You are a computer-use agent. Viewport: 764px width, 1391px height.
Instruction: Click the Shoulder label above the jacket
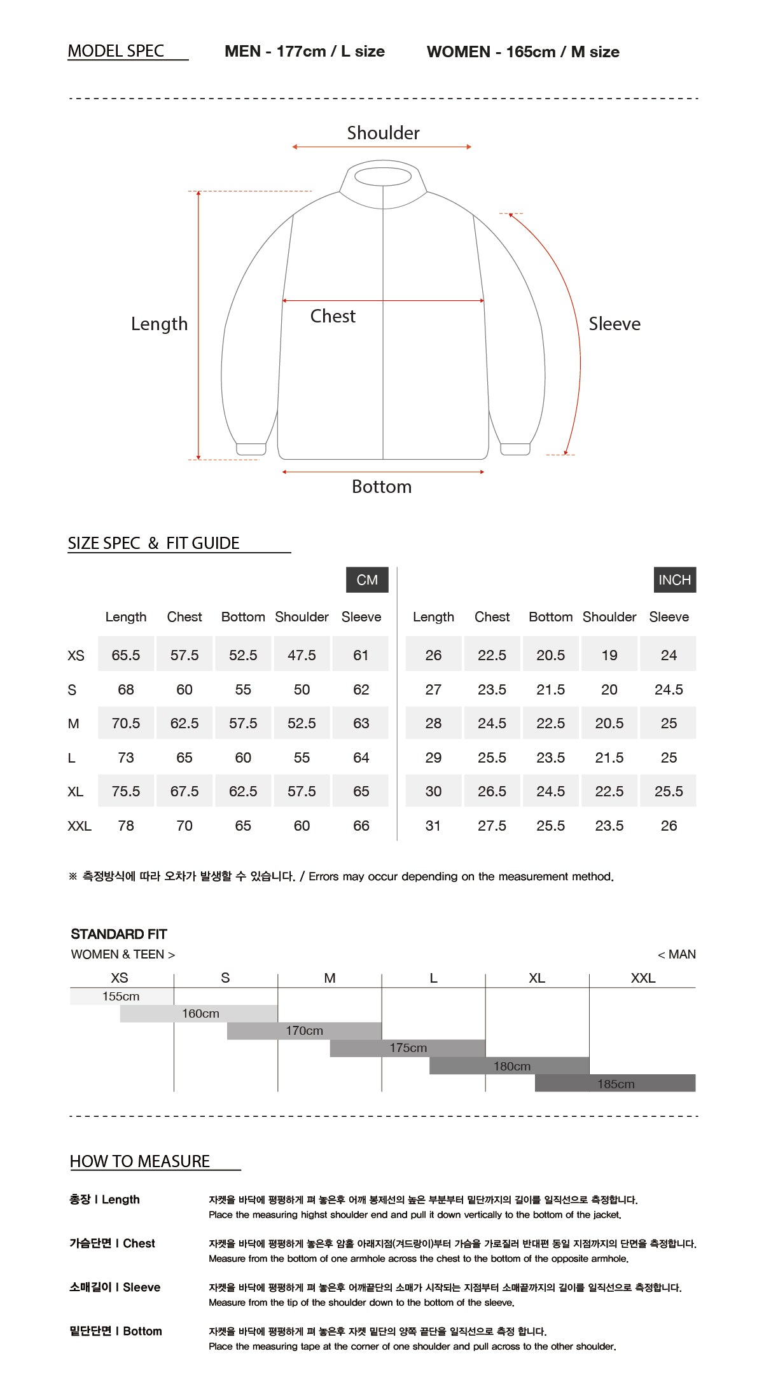pyautogui.click(x=383, y=133)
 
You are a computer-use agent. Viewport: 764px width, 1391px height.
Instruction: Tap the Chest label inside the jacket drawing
pyautogui.click(x=333, y=316)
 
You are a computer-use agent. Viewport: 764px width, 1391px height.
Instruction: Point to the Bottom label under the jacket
pyautogui.click(x=382, y=487)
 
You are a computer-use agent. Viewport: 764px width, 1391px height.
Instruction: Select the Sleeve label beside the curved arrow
pyautogui.click(x=614, y=324)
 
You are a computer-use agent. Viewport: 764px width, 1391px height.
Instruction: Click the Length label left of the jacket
pyautogui.click(x=159, y=324)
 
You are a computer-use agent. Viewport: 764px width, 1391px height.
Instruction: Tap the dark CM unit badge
pyautogui.click(x=367, y=580)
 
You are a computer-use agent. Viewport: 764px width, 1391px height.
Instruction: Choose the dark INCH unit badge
pyautogui.click(x=674, y=580)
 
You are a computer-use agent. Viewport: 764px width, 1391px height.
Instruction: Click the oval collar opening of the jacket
pyautogui.click(x=383, y=176)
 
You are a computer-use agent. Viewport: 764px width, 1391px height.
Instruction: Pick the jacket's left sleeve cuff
pyautogui.click(x=251, y=449)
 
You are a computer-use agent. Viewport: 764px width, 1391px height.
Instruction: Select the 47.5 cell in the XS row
pyautogui.click(x=302, y=655)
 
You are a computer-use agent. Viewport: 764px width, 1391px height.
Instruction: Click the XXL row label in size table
pyautogui.click(x=80, y=826)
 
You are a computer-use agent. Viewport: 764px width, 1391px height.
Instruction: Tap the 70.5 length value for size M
pyautogui.click(x=126, y=723)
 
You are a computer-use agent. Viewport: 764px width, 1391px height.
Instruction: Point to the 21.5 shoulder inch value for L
pyautogui.click(x=609, y=758)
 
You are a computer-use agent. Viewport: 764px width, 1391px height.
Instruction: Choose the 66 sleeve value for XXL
pyautogui.click(x=361, y=826)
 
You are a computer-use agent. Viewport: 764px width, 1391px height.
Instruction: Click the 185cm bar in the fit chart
pyautogui.click(x=615, y=1083)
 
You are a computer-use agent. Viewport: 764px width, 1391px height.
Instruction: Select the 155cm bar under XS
pyautogui.click(x=121, y=996)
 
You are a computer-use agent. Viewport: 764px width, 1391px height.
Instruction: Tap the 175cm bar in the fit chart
pyautogui.click(x=408, y=1048)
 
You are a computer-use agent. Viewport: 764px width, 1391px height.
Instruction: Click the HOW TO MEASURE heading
pyautogui.click(x=140, y=1161)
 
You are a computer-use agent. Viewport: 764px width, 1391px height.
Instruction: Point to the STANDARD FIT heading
pyautogui.click(x=119, y=934)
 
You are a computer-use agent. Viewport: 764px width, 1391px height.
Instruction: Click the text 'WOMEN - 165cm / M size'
pyautogui.click(x=523, y=52)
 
